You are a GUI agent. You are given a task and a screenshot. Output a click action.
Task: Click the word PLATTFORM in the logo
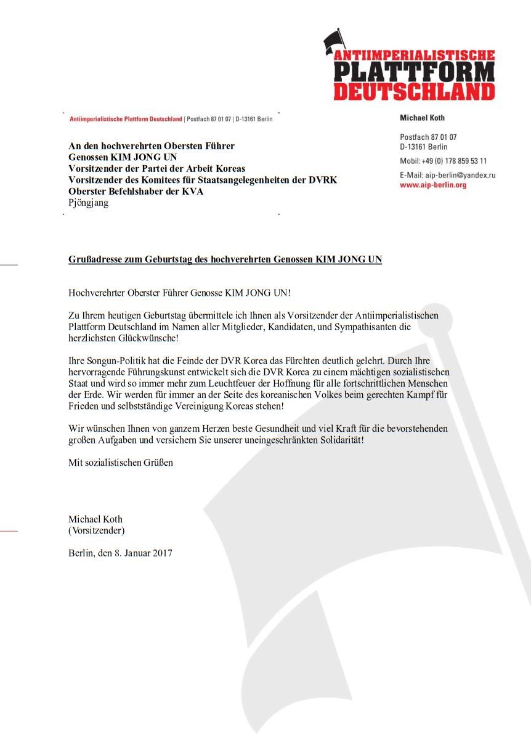[x=414, y=73]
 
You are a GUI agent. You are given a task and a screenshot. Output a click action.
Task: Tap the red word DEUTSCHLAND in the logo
[x=414, y=92]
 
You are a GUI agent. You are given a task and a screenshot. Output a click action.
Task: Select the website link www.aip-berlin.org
[x=433, y=185]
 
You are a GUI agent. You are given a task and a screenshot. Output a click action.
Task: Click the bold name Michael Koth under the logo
[x=422, y=118]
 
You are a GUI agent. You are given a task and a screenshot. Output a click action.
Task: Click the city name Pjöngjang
[x=88, y=203]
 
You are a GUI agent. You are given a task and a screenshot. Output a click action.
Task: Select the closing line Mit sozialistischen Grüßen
[x=121, y=462]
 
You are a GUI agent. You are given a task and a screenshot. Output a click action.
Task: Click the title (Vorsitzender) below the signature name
[x=97, y=530]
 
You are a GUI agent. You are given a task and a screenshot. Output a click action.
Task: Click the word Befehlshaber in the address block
[x=136, y=191]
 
